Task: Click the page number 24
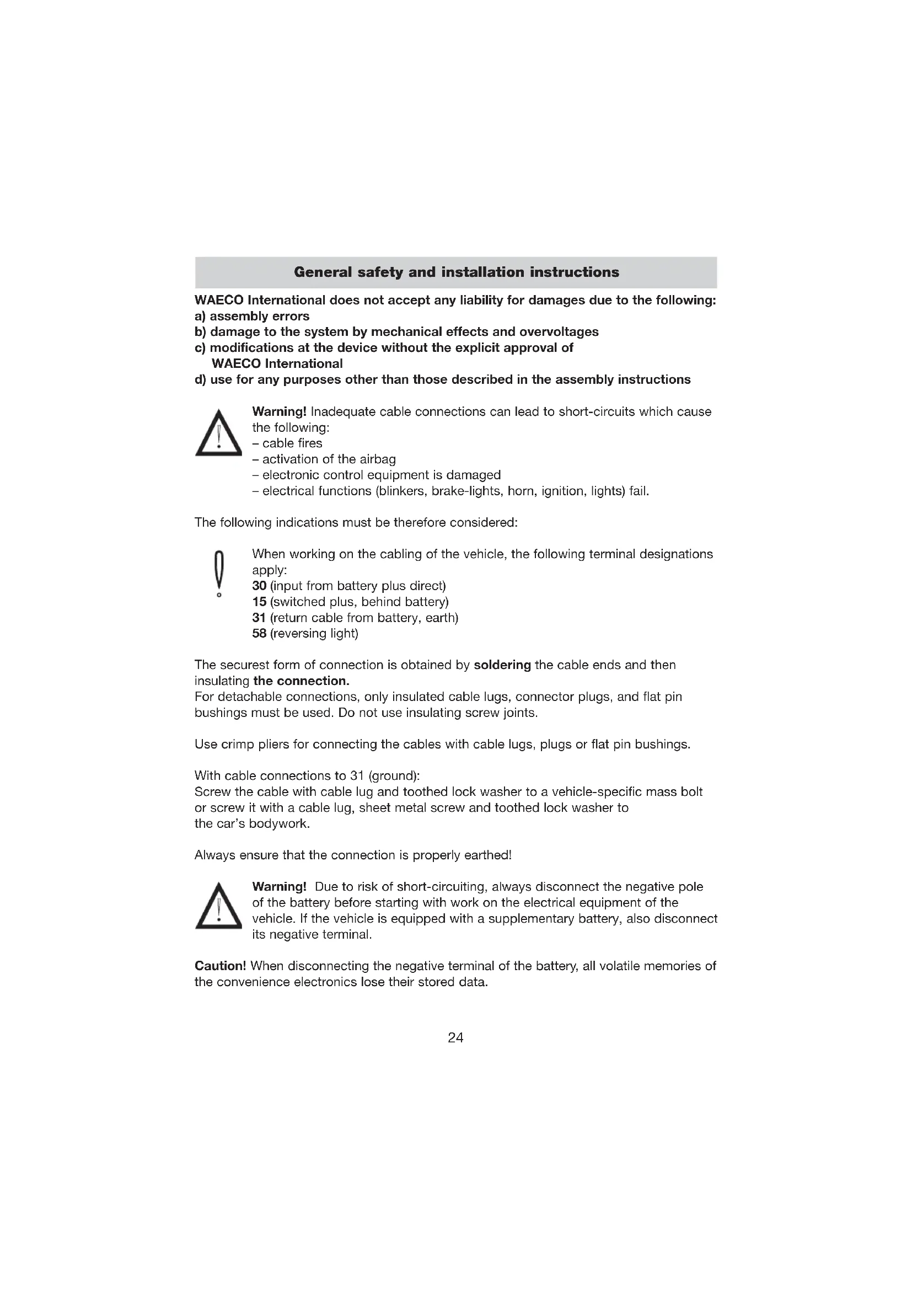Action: click(455, 1038)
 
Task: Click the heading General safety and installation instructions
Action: click(456, 272)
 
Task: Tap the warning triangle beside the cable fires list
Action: click(218, 433)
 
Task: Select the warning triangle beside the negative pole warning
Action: click(218, 906)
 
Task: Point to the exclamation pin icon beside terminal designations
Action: click(219, 574)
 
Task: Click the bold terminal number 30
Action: click(259, 586)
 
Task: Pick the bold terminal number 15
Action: click(259, 602)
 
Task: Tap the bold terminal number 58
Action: click(259, 634)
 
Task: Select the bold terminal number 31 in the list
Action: click(259, 618)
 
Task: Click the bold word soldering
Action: click(502, 665)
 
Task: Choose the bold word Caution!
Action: click(220, 966)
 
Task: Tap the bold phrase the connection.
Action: click(301, 681)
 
